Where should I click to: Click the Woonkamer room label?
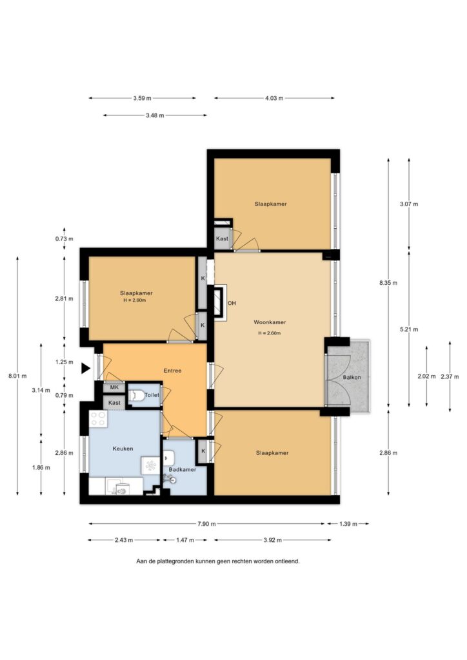click(270, 322)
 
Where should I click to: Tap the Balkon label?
click(352, 377)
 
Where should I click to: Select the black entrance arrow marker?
click(86, 368)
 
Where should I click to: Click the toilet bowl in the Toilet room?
click(135, 396)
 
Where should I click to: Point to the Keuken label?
click(123, 449)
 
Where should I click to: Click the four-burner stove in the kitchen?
click(99, 418)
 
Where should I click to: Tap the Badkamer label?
click(183, 469)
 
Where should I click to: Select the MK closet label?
click(114, 387)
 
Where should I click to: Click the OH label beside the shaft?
click(232, 303)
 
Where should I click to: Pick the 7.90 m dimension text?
click(206, 524)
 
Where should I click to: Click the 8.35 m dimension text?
click(388, 283)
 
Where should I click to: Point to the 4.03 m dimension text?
click(274, 98)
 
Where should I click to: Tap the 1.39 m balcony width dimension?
click(348, 524)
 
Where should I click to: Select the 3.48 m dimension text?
click(155, 115)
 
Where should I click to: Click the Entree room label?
click(172, 371)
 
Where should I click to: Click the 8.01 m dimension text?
click(17, 376)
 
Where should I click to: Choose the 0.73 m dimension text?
click(64, 238)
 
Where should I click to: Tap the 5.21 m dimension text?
click(409, 329)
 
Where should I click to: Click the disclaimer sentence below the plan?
click(218, 561)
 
